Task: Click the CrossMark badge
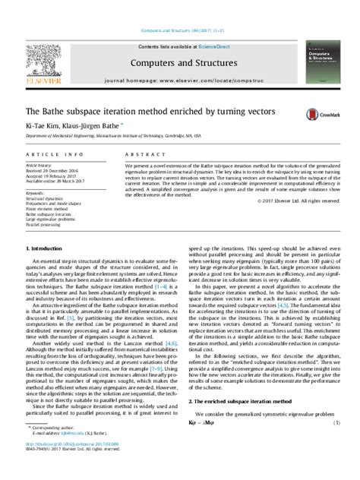[x=318, y=115]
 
